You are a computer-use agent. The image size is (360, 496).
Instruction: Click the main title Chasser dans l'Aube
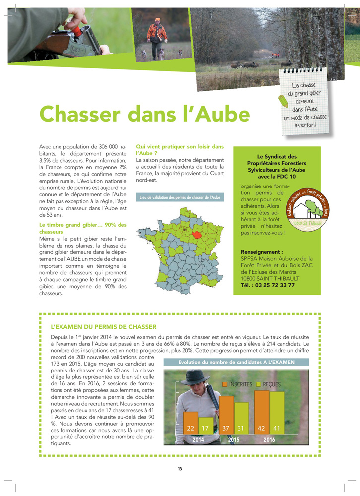tap(144, 114)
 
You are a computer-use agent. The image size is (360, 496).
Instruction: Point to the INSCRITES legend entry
tap(238, 384)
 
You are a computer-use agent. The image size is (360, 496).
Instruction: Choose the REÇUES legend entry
tap(268, 384)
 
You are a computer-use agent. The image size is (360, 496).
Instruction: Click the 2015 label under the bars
tap(233, 439)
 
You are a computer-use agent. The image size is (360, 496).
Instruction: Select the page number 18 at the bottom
tap(180, 469)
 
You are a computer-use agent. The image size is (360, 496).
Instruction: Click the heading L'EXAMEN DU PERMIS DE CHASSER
tap(104, 327)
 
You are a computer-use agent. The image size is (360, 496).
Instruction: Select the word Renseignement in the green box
tap(262, 252)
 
